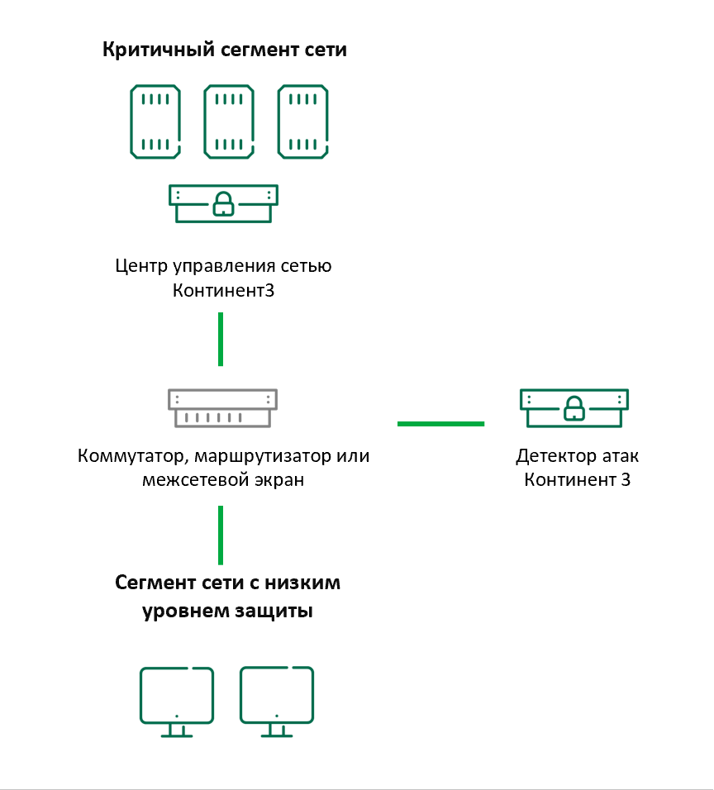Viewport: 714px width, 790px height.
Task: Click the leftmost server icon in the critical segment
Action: click(155, 121)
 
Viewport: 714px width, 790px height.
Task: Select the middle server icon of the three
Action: click(229, 121)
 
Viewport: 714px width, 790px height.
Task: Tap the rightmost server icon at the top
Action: click(302, 121)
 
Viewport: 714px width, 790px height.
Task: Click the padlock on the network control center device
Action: click(223, 203)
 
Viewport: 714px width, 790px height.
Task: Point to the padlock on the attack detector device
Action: click(572, 407)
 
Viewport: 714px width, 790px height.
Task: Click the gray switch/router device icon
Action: click(221, 407)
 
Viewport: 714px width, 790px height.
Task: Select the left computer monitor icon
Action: click(177, 701)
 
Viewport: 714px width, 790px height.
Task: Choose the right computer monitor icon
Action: click(277, 701)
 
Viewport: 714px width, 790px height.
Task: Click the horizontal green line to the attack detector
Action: click(440, 423)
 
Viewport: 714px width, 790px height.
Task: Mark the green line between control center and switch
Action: click(221, 338)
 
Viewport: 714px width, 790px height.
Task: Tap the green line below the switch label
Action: click(221, 535)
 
